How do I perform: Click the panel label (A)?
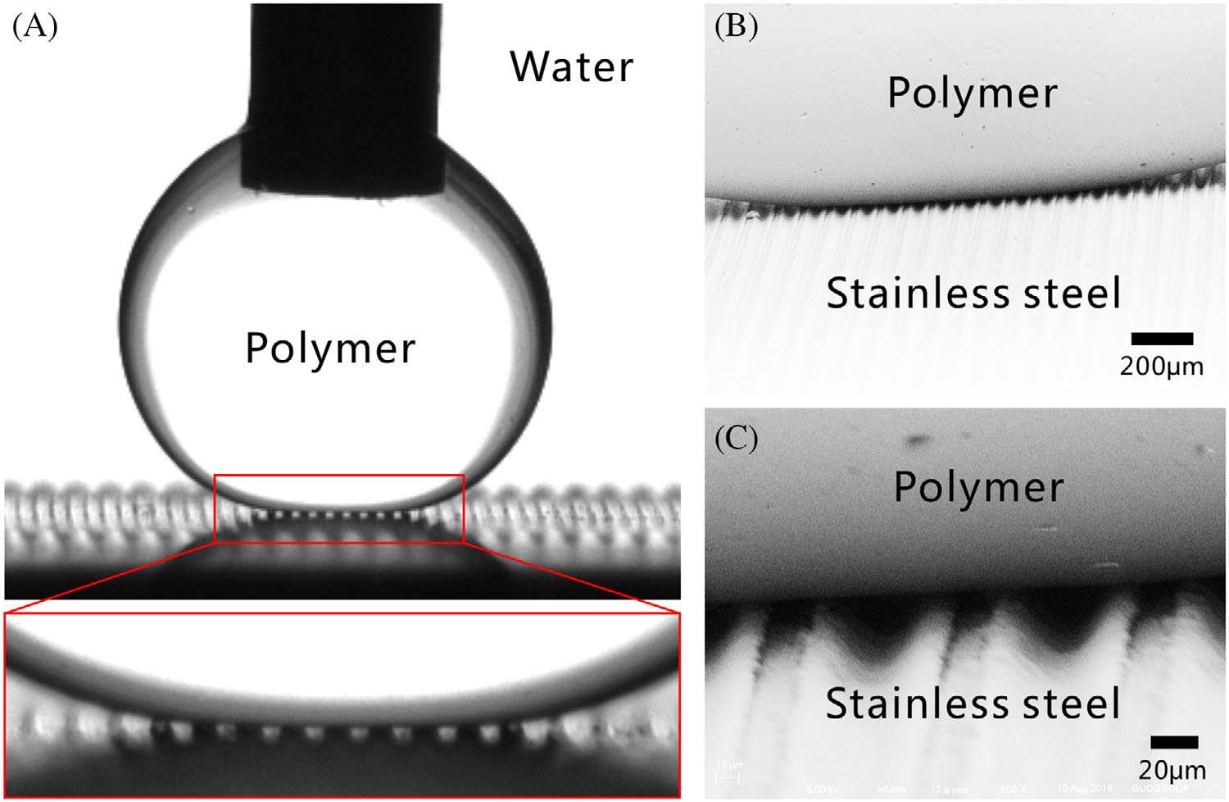[34, 26]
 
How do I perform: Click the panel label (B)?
[736, 26]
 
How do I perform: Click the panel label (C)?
[736, 438]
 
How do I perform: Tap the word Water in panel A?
[571, 66]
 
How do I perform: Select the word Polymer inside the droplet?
[330, 349]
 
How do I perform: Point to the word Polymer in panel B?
[972, 93]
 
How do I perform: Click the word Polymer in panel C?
[978, 487]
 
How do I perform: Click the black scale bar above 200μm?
[1162, 339]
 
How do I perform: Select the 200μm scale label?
[1162, 366]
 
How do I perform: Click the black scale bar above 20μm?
[1174, 742]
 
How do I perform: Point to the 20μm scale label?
[1172, 770]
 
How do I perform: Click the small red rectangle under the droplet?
[339, 508]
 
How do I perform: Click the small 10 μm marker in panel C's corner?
[728, 771]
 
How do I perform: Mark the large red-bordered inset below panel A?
[342, 704]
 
